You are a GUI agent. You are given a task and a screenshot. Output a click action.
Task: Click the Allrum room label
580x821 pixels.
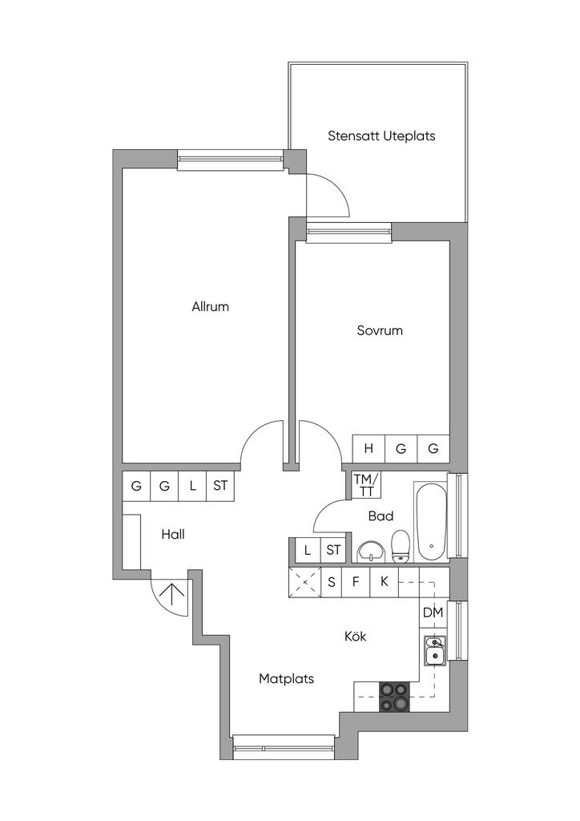click(x=210, y=306)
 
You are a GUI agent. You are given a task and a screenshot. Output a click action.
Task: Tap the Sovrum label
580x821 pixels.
click(x=380, y=330)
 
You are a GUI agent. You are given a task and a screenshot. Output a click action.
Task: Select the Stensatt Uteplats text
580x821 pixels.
click(x=381, y=136)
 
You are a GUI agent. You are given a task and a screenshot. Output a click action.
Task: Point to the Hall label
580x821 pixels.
click(x=173, y=535)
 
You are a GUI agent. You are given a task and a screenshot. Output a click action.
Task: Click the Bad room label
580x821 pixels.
click(x=381, y=516)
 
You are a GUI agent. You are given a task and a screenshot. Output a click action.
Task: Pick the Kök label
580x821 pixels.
click(x=356, y=636)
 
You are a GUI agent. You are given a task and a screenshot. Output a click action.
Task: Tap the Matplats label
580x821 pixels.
click(x=287, y=678)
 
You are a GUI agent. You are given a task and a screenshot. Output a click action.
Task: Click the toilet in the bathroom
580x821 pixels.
click(x=401, y=546)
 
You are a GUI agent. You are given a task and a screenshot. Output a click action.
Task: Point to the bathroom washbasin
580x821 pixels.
click(x=371, y=552)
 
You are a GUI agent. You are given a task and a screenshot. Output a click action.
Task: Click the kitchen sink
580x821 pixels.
click(x=434, y=651)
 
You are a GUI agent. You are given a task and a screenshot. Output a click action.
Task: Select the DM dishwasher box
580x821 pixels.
click(x=433, y=612)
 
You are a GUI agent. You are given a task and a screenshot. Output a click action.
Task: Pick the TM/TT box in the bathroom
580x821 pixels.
click(x=365, y=484)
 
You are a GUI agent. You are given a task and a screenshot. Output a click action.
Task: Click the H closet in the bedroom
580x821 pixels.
click(x=369, y=449)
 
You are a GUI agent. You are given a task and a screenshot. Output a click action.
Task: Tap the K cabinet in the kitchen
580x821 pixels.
click(x=385, y=582)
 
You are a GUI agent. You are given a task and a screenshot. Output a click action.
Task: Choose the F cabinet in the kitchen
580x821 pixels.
click(x=356, y=582)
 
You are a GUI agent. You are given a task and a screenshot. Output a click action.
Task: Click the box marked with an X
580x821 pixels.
click(x=304, y=582)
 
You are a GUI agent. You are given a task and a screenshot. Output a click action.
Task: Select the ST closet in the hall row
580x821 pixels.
click(x=220, y=486)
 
